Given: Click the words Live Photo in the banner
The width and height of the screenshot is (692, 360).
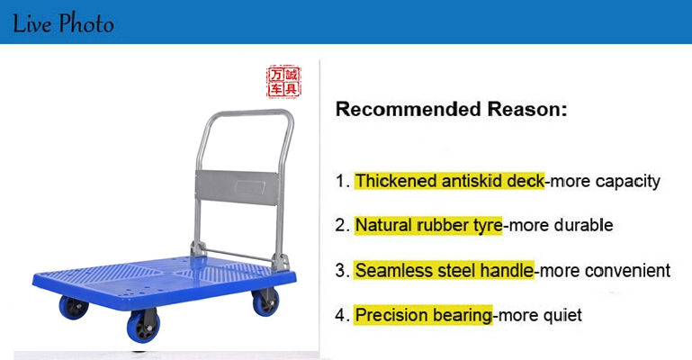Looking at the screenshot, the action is click(x=63, y=23).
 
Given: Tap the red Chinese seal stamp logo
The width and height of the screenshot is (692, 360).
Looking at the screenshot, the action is click(x=283, y=82).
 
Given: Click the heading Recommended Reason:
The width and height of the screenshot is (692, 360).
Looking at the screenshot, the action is click(x=451, y=109).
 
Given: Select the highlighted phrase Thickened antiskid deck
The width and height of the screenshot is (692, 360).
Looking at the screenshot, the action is click(x=450, y=181).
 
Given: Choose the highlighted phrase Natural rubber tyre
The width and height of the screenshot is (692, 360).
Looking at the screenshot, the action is click(x=428, y=225).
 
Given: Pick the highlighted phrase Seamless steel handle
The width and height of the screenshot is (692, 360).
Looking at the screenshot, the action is click(x=444, y=270).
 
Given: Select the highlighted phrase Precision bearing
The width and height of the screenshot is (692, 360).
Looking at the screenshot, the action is click(x=423, y=315).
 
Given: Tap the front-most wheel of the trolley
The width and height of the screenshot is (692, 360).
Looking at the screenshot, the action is click(x=144, y=327).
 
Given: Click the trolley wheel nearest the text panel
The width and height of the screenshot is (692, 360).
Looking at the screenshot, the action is click(x=265, y=302).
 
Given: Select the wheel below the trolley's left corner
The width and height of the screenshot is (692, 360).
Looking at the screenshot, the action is click(x=73, y=307).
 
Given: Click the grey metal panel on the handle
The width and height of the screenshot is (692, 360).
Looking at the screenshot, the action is click(x=238, y=188).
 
